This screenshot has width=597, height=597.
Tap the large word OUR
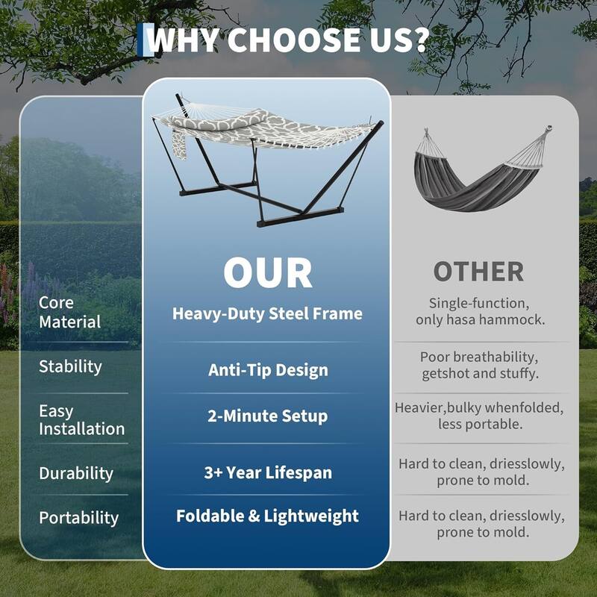267,273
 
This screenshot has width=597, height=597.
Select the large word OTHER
478,272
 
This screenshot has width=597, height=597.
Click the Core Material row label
69,313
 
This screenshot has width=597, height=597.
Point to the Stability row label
70,366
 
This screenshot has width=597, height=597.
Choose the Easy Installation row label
81,419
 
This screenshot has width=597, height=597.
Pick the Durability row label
76,473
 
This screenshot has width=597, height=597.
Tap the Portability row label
79,518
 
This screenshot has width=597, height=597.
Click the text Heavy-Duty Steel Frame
267,313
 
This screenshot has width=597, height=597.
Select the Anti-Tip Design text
267,370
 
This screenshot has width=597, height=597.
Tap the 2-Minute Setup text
267,416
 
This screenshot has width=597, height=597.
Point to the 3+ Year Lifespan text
267,472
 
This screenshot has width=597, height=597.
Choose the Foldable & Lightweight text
267,516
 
